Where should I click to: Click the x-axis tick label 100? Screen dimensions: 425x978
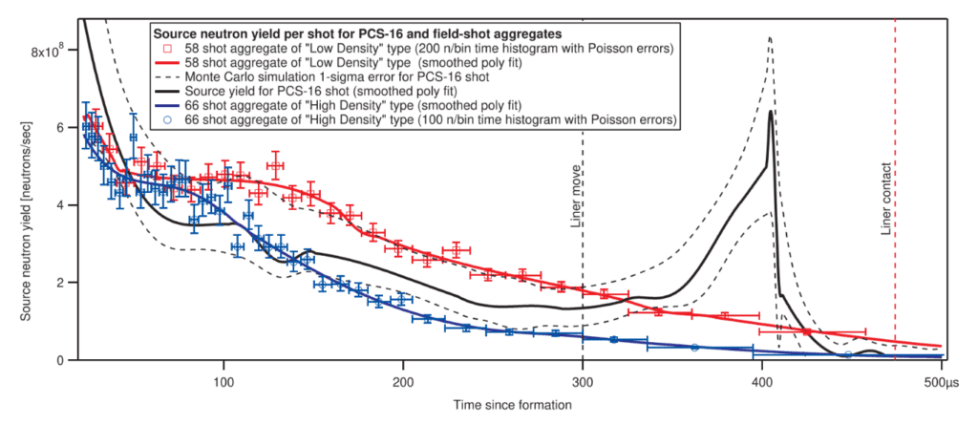point(223,376)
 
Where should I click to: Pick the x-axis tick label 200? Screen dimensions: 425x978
point(403,376)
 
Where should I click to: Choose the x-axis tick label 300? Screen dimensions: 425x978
point(583,376)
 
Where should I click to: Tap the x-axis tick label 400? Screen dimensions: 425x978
point(762,376)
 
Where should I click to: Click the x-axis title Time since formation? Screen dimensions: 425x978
point(513,404)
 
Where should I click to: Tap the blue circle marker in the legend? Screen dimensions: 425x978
point(167,120)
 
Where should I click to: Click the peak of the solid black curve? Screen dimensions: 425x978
point(770,112)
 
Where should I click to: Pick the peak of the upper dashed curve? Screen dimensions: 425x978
point(769,38)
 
